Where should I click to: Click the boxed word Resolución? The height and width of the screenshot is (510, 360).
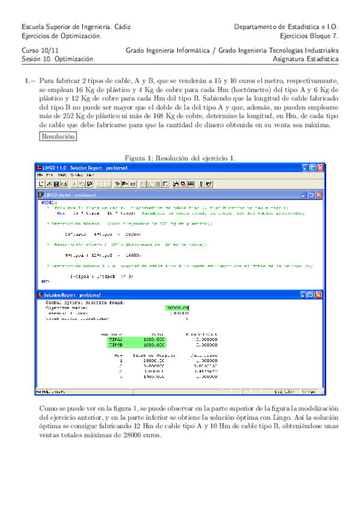click(58, 137)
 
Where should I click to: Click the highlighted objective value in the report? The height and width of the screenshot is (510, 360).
click(178, 308)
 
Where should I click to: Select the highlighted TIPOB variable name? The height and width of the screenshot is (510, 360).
click(115, 346)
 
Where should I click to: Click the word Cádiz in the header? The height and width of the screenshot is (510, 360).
click(121, 27)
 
